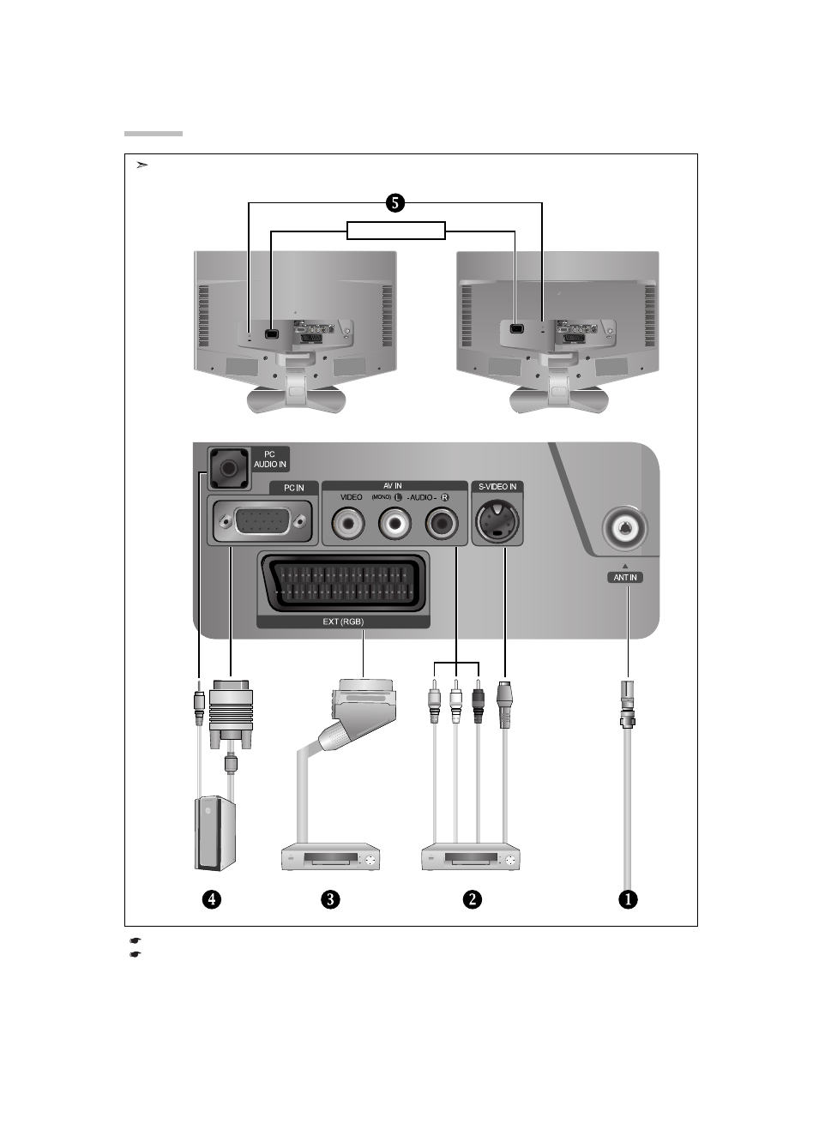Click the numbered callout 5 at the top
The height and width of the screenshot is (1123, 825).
pos(394,203)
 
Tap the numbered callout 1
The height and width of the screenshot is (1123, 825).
pos(629,899)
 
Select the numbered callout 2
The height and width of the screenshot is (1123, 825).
pos(472,899)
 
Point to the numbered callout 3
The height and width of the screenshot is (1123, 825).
pos(330,899)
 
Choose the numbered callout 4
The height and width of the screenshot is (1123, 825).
pos(211,899)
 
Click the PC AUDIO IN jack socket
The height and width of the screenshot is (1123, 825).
pos(228,467)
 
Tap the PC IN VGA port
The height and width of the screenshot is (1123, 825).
pos(263,520)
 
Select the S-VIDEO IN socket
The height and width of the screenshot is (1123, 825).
pos(497,520)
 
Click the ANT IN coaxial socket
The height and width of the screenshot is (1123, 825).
pos(625,531)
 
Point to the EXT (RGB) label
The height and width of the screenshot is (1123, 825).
pos(342,622)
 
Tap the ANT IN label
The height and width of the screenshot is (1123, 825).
pos(625,577)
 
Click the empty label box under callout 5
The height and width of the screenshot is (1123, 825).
pos(396,231)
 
